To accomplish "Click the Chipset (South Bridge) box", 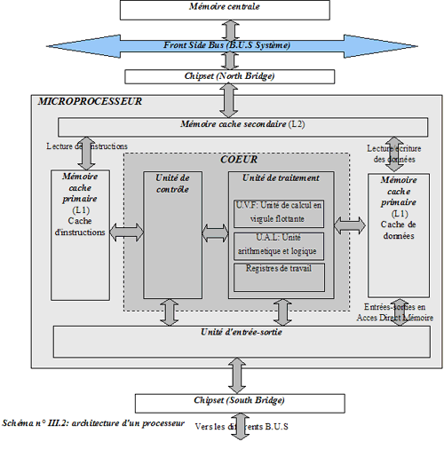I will tap(233, 401).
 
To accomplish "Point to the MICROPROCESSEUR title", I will tap(90, 103).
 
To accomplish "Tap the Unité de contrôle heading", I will tap(172, 183).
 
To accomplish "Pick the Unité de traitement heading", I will tap(280, 177).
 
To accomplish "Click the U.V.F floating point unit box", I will tap(280, 212).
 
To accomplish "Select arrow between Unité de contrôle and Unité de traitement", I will tap(215, 233).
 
